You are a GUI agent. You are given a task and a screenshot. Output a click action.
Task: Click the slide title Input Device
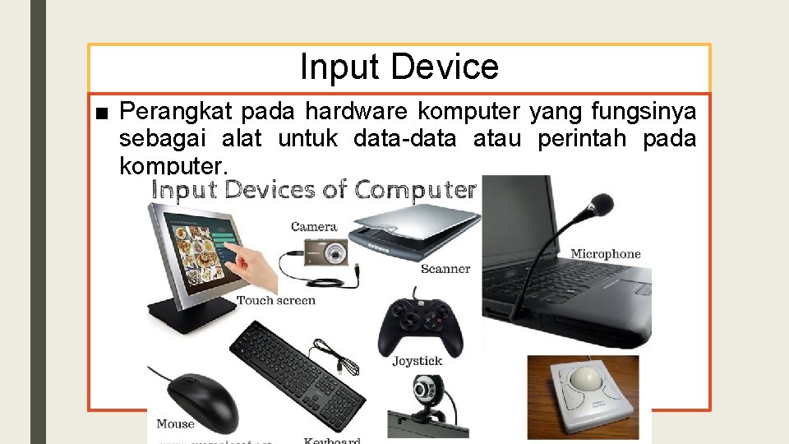399,67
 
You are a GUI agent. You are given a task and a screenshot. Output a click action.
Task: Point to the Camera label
314,226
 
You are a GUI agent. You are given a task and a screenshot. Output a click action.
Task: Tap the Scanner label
445,269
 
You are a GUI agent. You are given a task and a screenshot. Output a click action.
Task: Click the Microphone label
605,254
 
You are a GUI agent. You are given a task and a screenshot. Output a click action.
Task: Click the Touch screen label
276,300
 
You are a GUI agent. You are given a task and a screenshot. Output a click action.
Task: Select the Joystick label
417,361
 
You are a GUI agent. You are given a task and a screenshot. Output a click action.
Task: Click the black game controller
419,325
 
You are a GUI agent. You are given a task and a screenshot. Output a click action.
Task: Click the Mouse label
175,424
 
